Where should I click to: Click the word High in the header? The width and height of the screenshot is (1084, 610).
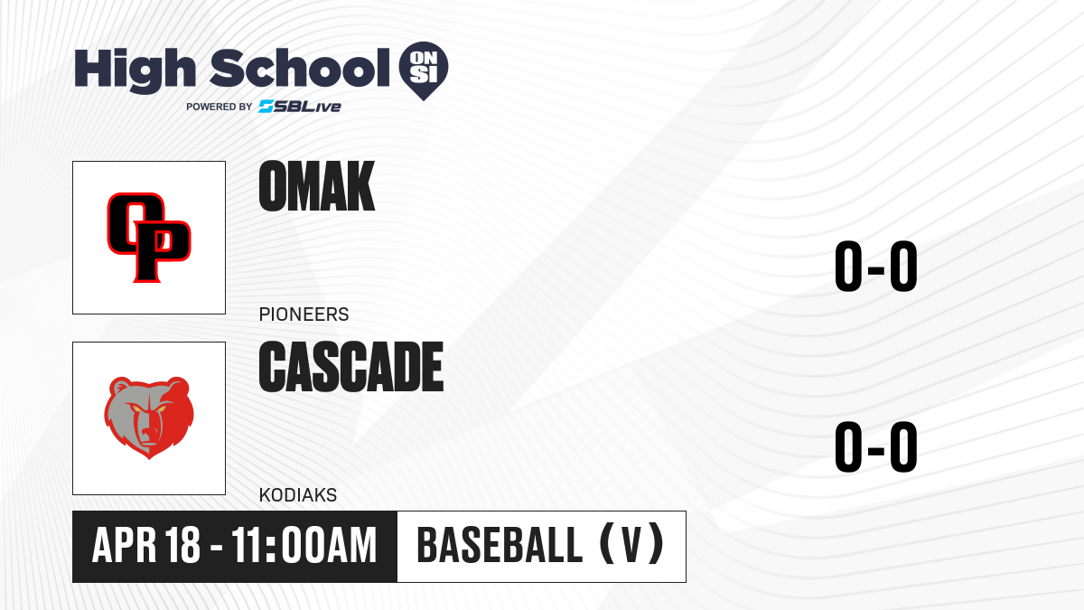[135, 70]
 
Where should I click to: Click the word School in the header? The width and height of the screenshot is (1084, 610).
[300, 68]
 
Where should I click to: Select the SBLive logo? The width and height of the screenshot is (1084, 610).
[300, 107]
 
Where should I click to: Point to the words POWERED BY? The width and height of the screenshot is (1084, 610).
[220, 107]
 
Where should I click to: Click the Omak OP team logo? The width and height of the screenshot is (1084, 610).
[149, 238]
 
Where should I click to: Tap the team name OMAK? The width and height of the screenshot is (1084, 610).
[317, 186]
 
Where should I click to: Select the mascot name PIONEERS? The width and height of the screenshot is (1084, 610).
[304, 314]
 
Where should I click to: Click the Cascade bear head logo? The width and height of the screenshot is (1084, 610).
[149, 418]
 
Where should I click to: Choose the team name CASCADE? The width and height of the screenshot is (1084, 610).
[351, 367]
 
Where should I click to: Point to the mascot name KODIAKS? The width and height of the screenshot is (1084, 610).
[298, 495]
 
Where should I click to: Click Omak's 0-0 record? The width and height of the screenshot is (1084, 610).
[876, 266]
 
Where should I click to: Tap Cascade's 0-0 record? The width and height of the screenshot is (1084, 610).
[876, 446]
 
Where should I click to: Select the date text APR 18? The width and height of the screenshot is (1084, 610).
[146, 545]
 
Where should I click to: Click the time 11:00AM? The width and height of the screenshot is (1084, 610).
[304, 545]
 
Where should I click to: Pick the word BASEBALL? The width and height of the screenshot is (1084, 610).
[500, 545]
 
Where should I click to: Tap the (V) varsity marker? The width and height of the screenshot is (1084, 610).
[632, 544]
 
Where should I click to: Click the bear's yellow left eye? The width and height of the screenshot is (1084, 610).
[136, 409]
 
